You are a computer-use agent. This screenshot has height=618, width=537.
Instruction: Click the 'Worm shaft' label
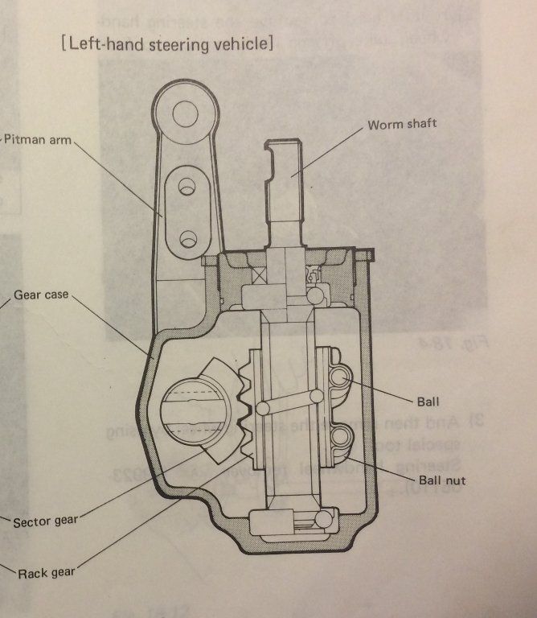(x=401, y=125)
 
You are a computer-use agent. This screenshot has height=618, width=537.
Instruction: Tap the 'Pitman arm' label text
(x=37, y=139)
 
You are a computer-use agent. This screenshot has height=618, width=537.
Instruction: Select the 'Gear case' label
(x=39, y=295)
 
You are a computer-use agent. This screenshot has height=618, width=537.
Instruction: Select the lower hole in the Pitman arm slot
(x=188, y=238)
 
